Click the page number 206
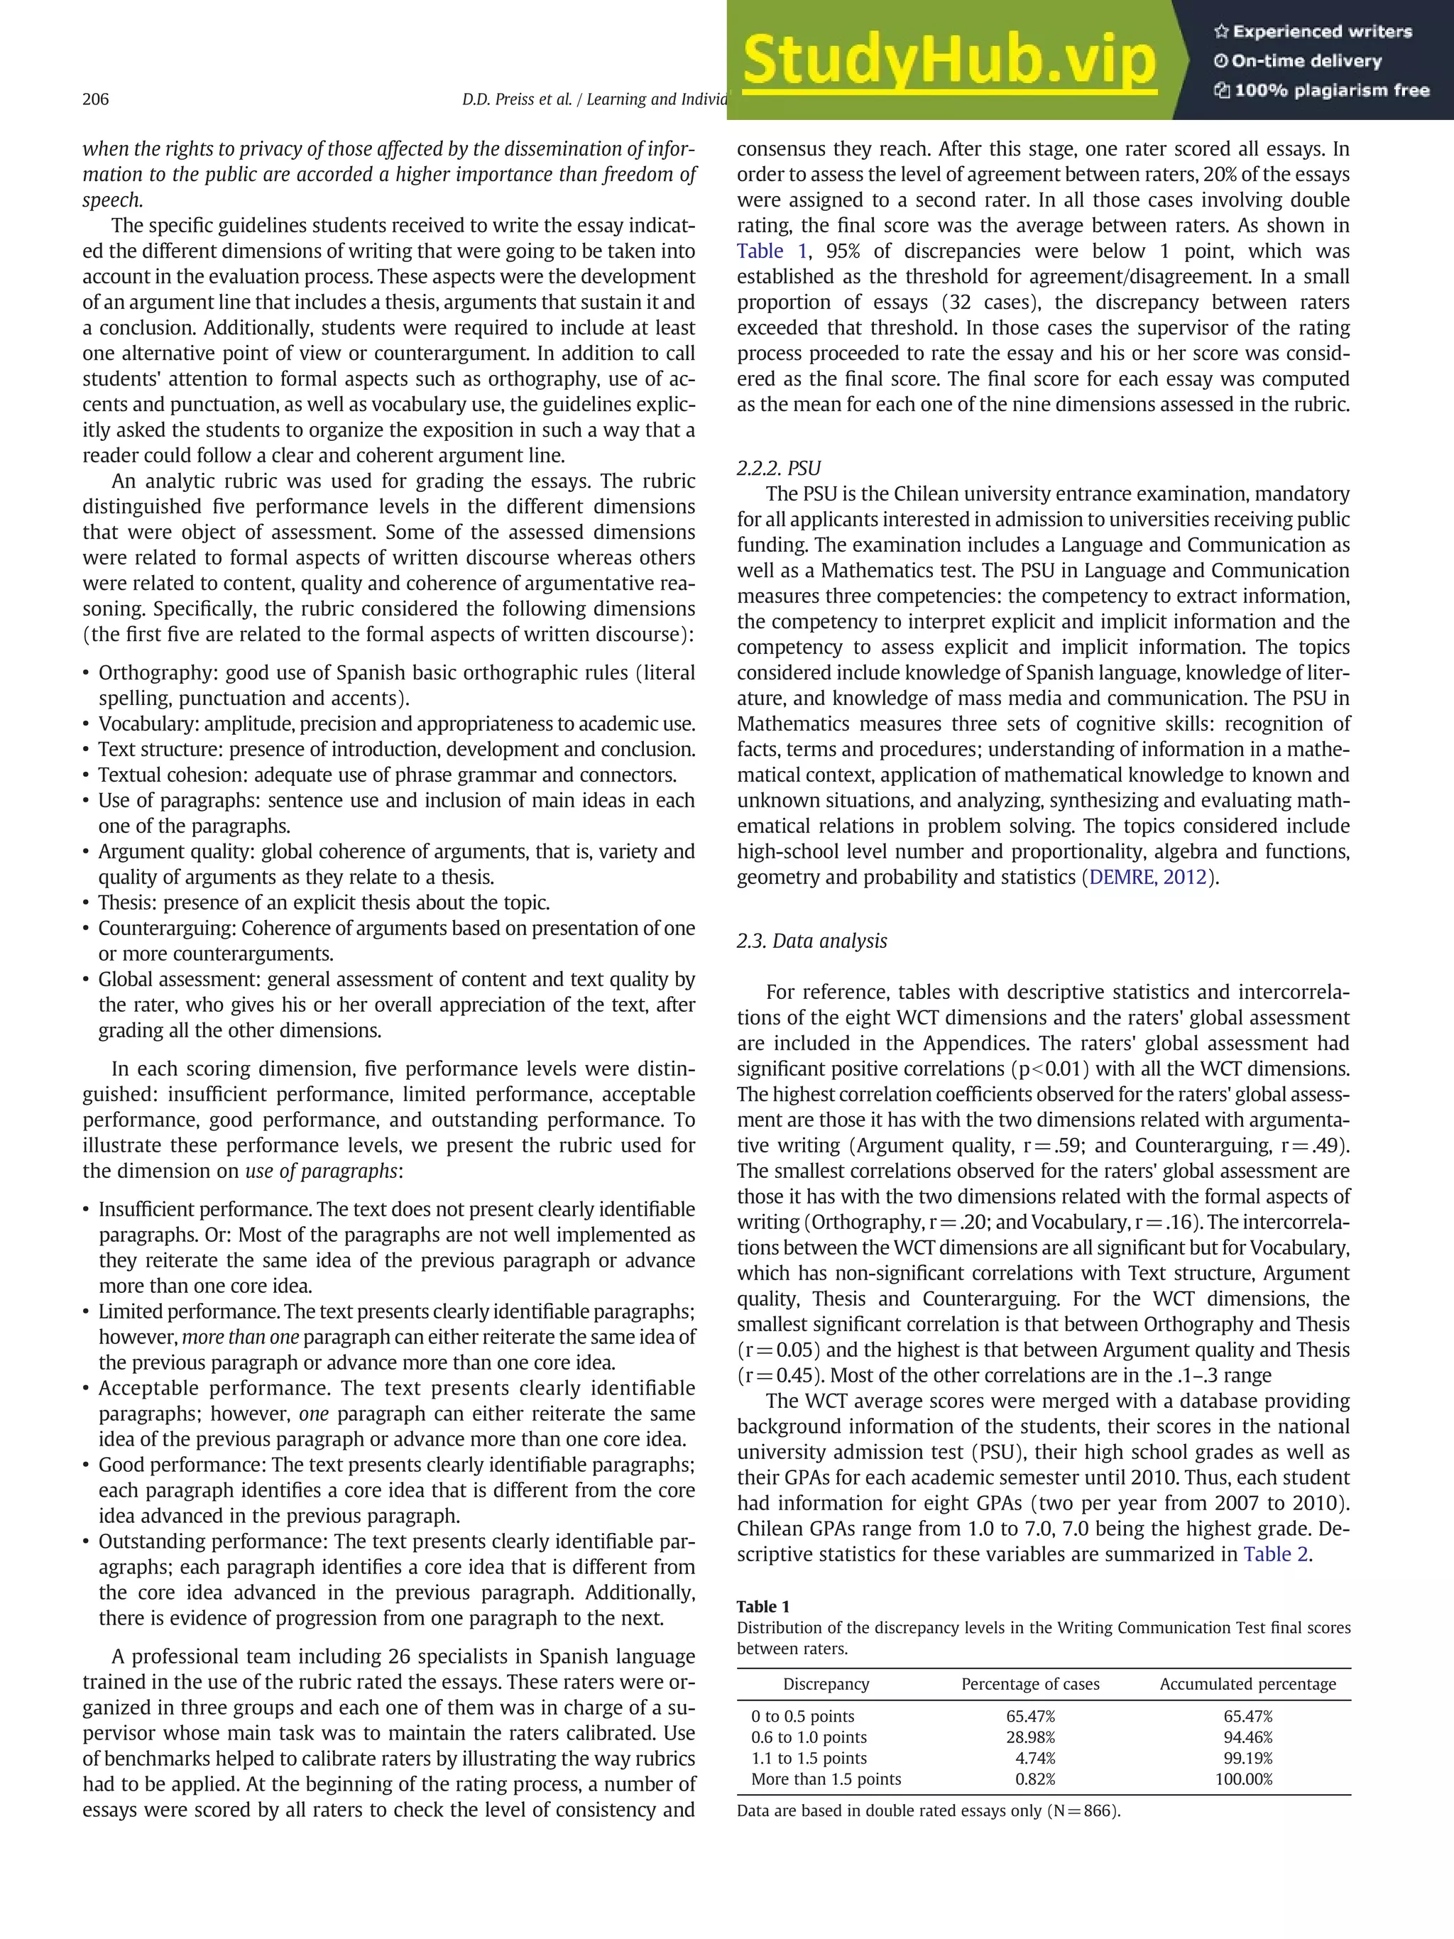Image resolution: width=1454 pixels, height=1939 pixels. coord(96,99)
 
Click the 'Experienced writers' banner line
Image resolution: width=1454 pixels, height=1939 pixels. coord(1312,31)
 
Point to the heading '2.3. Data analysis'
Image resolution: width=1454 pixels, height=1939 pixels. coord(811,941)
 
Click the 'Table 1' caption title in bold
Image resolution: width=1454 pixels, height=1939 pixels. coord(762,1606)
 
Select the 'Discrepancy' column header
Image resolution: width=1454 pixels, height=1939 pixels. coord(826,1684)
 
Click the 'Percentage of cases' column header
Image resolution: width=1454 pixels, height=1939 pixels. coord(1030,1684)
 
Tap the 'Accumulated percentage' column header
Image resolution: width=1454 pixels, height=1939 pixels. coord(1247,1684)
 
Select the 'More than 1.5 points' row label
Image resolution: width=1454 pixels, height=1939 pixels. coord(826,1779)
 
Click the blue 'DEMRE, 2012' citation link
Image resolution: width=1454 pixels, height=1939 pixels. coord(1147,878)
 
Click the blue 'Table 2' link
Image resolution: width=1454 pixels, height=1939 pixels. coord(1275,1554)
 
